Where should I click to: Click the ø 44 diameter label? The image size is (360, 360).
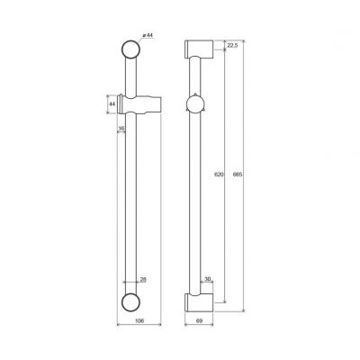148,35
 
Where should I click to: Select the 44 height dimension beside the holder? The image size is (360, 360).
112,104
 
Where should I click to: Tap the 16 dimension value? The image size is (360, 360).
121,129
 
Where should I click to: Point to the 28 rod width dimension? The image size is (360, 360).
143,280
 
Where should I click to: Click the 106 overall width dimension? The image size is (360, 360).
139,320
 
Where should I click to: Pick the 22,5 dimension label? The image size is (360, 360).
232,45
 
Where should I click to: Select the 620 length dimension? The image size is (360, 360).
220,175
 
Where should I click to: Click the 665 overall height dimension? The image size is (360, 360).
238,175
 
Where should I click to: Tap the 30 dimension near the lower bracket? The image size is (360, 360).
208,279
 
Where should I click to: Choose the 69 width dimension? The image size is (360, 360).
199,320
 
